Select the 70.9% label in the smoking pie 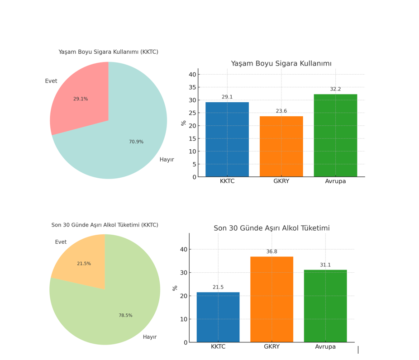point(136,142)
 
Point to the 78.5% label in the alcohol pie point(125,316)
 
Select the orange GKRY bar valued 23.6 point(281,147)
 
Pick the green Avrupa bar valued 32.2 point(335,136)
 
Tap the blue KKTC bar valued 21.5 point(218,317)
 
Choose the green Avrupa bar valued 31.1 point(325,306)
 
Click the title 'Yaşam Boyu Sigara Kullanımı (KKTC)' point(108,52)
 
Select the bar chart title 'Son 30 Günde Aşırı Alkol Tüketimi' point(271,228)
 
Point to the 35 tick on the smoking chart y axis point(192,87)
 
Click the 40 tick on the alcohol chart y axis point(183,249)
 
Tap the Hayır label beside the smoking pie point(167,160)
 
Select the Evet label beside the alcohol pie point(61,242)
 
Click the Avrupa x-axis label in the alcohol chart point(325,347)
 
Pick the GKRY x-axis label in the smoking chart point(281,181)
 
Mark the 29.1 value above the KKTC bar point(227,97)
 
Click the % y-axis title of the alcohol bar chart point(175,288)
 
